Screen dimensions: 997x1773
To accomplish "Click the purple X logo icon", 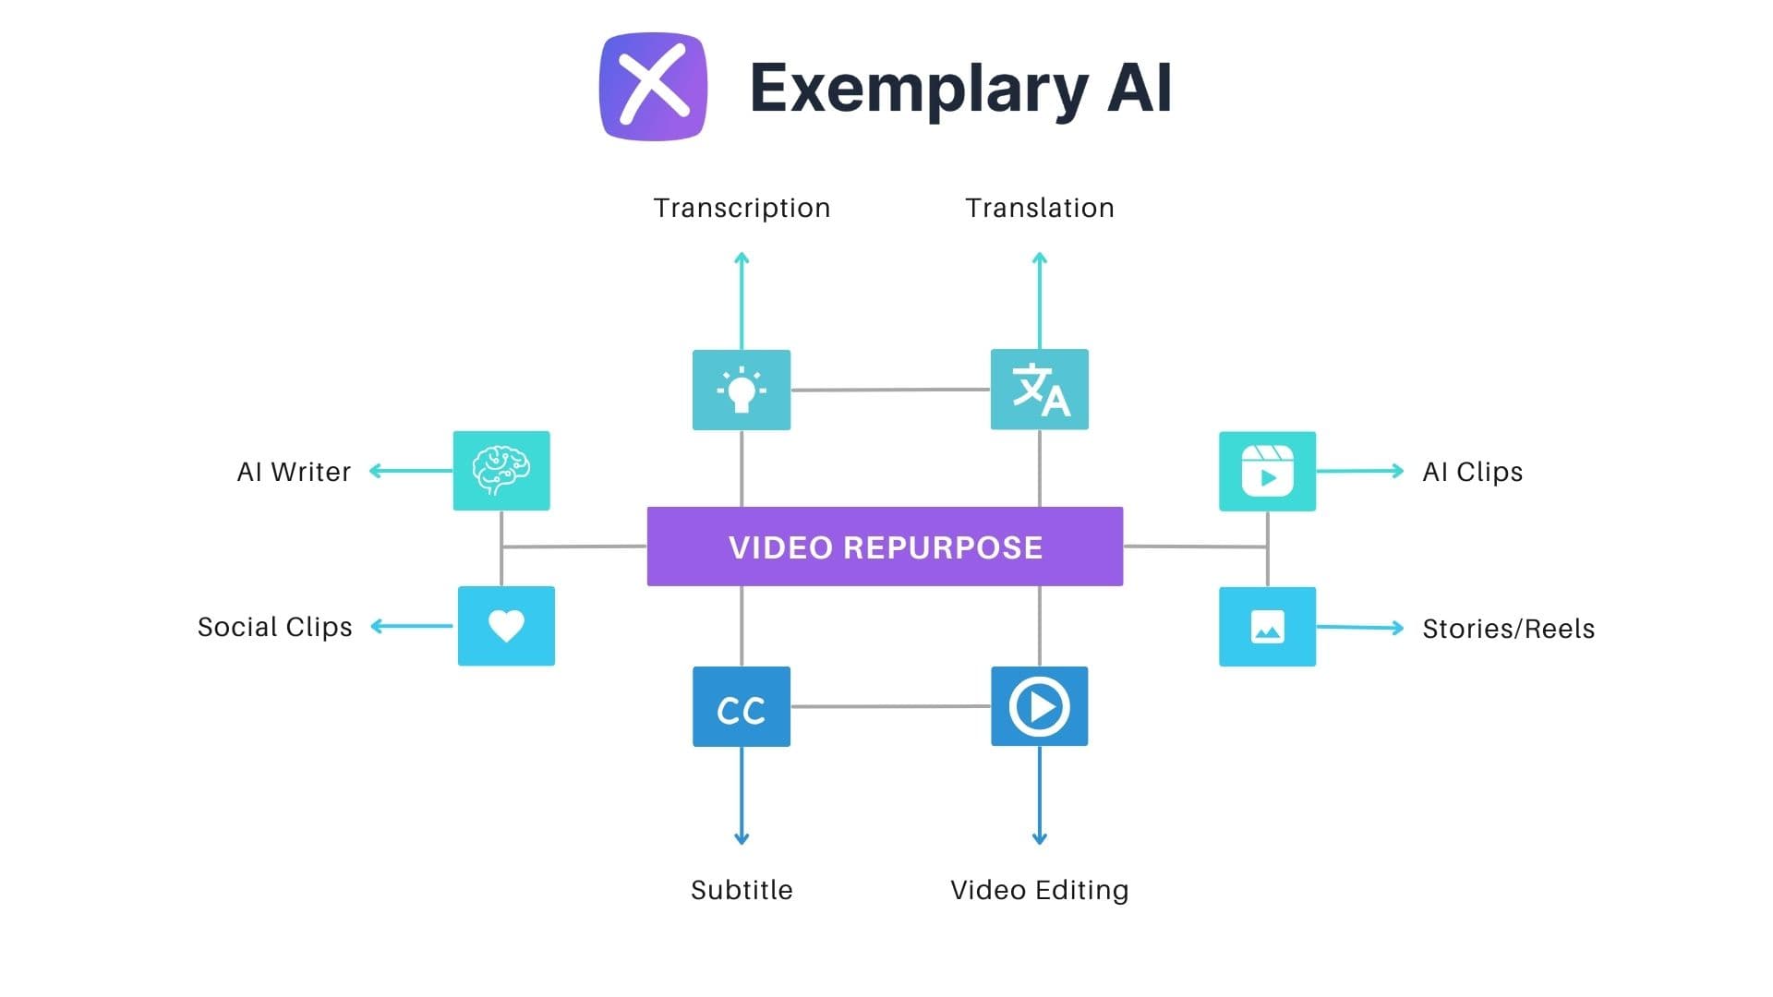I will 653,87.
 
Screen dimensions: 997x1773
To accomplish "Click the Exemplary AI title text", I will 960,89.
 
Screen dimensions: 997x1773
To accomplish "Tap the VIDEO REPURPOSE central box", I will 885,547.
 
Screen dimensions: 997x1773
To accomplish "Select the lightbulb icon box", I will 742,390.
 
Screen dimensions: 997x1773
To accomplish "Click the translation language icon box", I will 1040,390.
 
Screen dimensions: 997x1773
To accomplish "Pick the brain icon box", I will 501,471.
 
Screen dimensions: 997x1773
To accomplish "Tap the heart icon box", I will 506,626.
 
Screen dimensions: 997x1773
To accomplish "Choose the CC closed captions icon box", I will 742,707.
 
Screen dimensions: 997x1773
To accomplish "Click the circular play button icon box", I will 1040,707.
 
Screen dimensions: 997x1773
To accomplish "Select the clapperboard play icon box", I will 1267,471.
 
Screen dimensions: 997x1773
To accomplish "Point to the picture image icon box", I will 1267,627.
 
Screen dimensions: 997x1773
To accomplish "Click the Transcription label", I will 742,208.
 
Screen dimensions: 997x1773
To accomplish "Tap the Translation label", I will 1040,208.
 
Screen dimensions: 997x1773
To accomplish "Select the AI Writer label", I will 294,472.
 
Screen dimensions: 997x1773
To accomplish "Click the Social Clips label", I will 274,627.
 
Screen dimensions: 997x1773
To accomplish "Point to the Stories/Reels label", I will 1508,629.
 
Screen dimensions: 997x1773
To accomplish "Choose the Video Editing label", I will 1040,890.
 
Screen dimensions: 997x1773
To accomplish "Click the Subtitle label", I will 742,890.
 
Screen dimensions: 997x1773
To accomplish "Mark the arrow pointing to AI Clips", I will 1359,471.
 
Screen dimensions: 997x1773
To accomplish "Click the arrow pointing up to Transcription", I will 742,300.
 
